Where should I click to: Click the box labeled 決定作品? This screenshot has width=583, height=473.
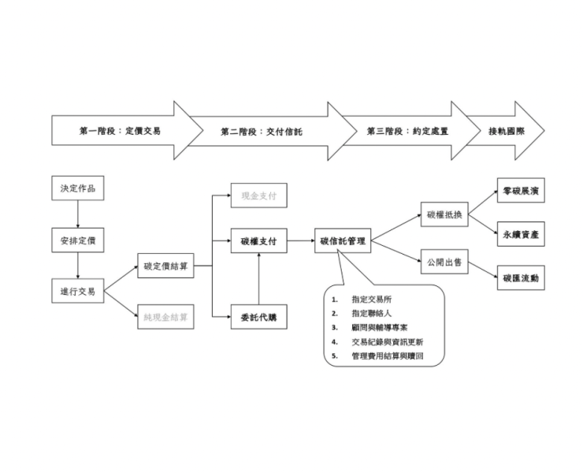(x=77, y=188)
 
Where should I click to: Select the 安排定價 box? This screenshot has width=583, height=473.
(x=77, y=239)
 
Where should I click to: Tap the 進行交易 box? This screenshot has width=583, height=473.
(x=77, y=291)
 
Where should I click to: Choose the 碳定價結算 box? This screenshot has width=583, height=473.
(x=165, y=266)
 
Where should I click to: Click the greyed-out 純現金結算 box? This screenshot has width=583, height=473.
(x=165, y=316)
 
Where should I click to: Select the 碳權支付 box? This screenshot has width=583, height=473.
(x=258, y=240)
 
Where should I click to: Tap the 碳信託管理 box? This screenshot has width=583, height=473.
(x=343, y=240)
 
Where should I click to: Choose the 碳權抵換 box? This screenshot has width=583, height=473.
(x=444, y=214)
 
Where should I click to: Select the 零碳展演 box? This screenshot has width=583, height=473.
(x=520, y=192)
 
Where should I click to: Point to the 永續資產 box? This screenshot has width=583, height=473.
(x=520, y=234)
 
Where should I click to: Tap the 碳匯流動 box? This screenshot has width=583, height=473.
(x=520, y=278)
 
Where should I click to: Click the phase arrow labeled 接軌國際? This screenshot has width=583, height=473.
(x=506, y=131)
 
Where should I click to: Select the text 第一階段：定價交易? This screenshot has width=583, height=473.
(x=120, y=131)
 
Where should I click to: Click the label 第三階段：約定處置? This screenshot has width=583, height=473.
(x=407, y=131)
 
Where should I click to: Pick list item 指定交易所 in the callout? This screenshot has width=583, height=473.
(x=373, y=300)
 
